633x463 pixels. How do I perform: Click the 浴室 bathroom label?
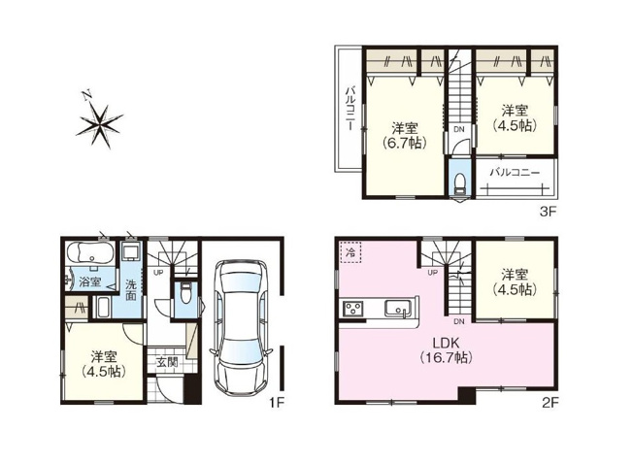[x=90, y=282]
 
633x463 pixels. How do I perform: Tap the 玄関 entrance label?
[x=166, y=363]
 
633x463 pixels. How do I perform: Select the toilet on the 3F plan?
[x=459, y=185]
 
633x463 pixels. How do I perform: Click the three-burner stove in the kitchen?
[x=351, y=309]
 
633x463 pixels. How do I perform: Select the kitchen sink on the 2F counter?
[x=396, y=309]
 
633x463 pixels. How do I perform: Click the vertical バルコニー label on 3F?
[x=349, y=110]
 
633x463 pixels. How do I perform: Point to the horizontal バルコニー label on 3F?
[x=515, y=171]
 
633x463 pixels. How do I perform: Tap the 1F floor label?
[x=275, y=399]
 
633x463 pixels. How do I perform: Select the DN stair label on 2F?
[x=459, y=320]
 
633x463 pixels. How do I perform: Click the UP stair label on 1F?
[x=158, y=272]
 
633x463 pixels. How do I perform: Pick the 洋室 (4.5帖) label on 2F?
[x=515, y=282]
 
